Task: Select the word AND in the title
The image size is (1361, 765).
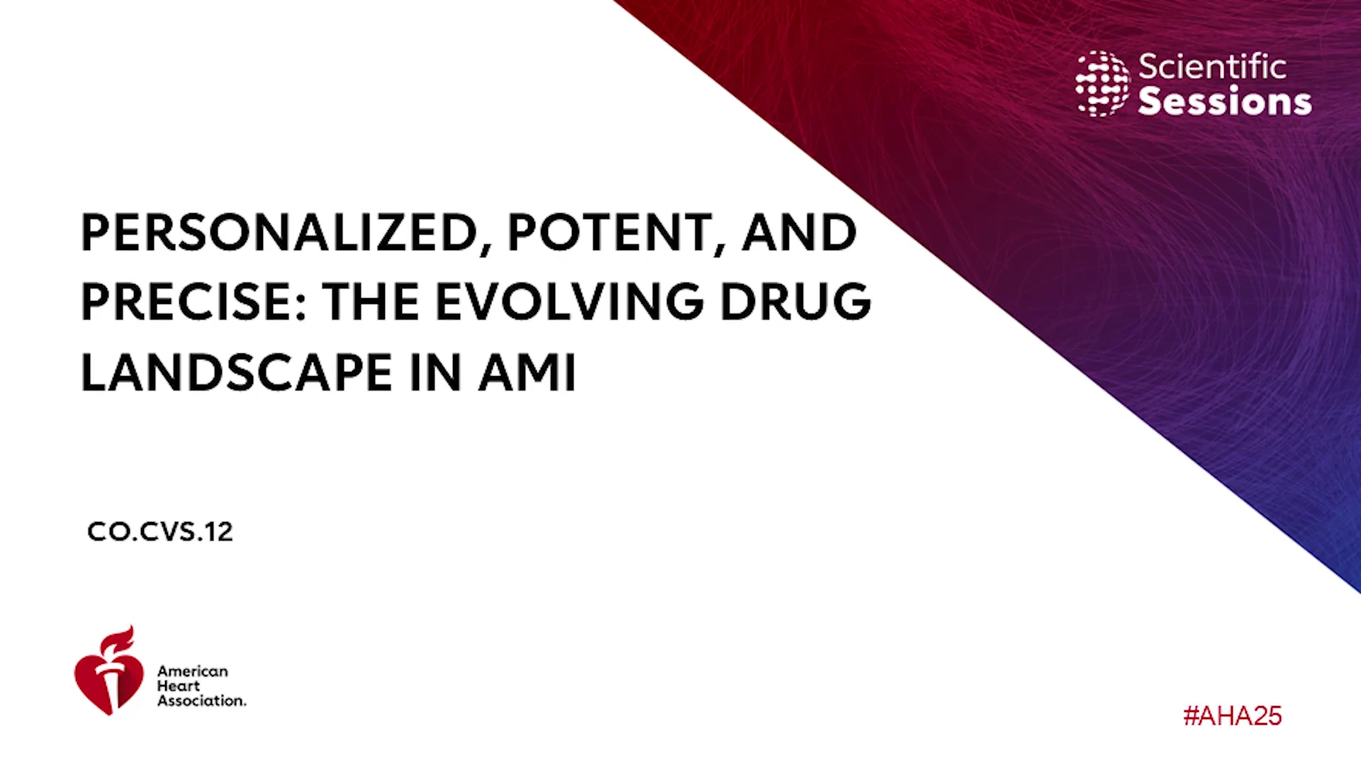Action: pyautogui.click(x=800, y=232)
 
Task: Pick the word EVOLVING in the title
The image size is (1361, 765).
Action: pyautogui.click(x=570, y=302)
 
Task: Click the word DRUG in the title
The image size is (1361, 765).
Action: pyautogui.click(x=796, y=302)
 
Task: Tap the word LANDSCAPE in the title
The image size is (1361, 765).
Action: pyautogui.click(x=237, y=373)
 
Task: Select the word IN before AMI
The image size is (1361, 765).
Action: pyautogui.click(x=436, y=373)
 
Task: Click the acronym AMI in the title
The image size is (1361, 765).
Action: pyautogui.click(x=527, y=373)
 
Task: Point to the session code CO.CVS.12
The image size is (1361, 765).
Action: pyautogui.click(x=159, y=532)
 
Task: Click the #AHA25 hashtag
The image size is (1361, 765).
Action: pyautogui.click(x=1233, y=716)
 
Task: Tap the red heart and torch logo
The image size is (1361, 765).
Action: pyautogui.click(x=108, y=671)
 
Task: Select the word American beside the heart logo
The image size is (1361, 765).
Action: pyautogui.click(x=193, y=671)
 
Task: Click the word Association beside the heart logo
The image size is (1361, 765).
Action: pyautogui.click(x=202, y=701)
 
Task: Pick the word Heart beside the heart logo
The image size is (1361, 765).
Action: pyautogui.click(x=179, y=686)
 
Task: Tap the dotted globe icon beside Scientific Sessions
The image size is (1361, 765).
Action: pyautogui.click(x=1102, y=84)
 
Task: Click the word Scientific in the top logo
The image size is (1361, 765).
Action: pyautogui.click(x=1212, y=67)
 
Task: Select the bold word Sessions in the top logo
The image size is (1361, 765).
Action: pyautogui.click(x=1225, y=101)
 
